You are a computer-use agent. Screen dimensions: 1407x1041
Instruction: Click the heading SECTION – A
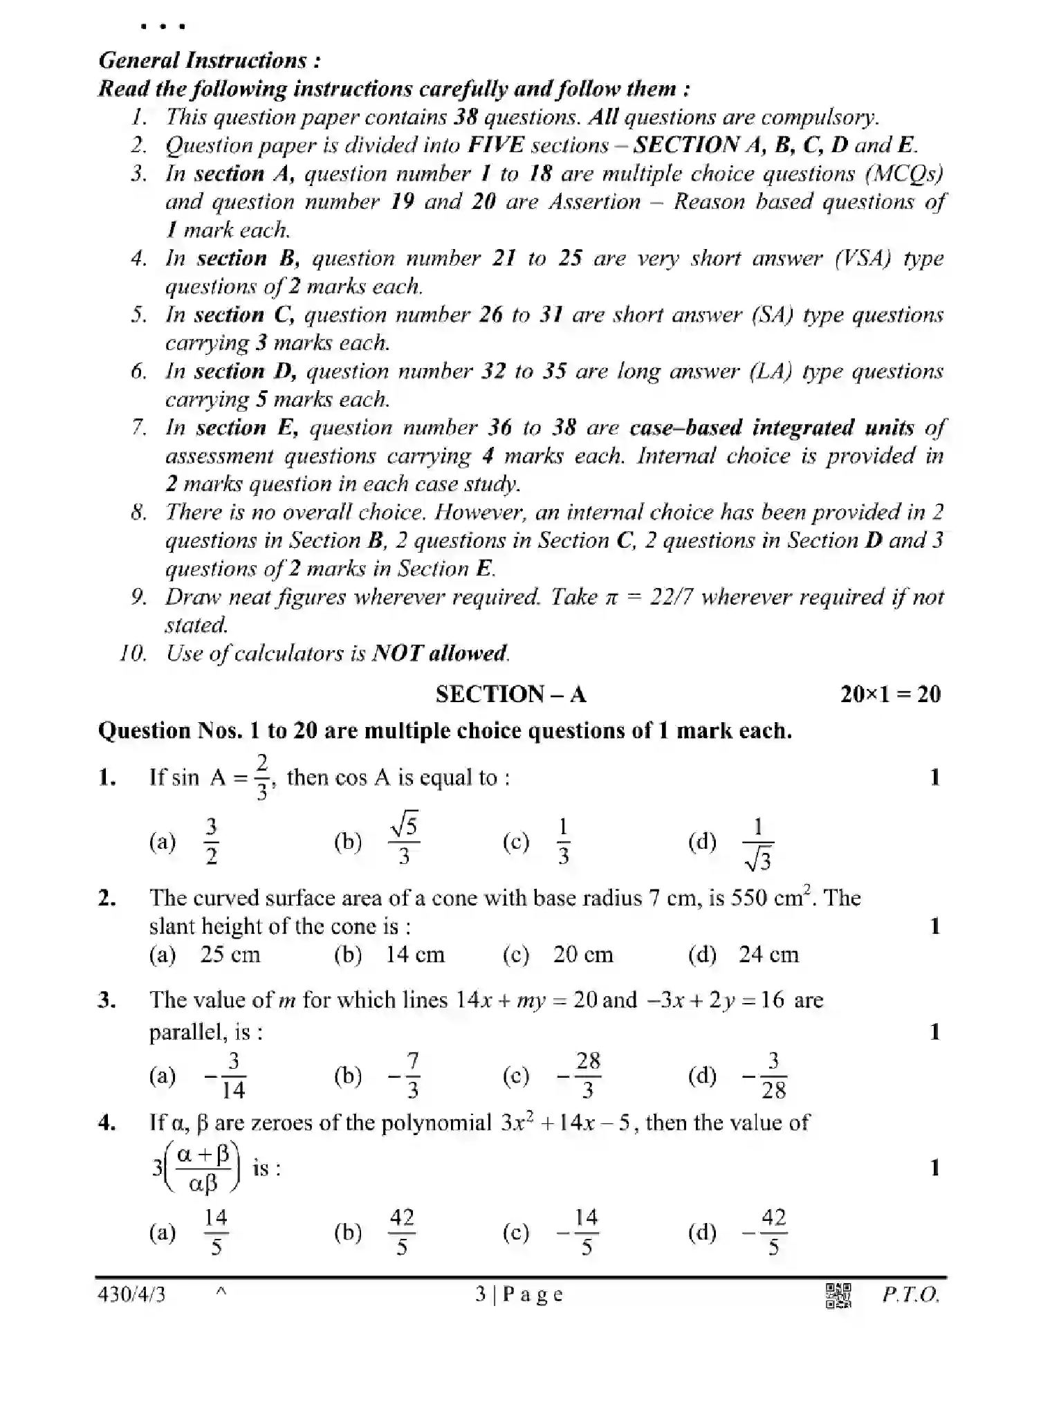510,694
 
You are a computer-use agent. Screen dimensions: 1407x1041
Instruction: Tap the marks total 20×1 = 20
890,694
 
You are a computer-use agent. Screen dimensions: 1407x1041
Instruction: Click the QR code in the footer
838,1296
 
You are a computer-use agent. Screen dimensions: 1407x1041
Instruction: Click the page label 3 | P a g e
519,1294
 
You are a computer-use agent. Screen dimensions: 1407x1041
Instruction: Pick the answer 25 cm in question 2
230,955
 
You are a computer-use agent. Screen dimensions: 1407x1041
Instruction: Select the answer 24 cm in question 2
768,955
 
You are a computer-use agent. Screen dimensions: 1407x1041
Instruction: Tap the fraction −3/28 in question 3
765,1076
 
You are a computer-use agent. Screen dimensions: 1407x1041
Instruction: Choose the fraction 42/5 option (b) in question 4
402,1232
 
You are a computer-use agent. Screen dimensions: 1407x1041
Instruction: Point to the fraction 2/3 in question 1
262,778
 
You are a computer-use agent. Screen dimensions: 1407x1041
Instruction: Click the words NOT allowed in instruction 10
440,653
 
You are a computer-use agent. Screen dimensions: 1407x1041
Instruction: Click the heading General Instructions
210,60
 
